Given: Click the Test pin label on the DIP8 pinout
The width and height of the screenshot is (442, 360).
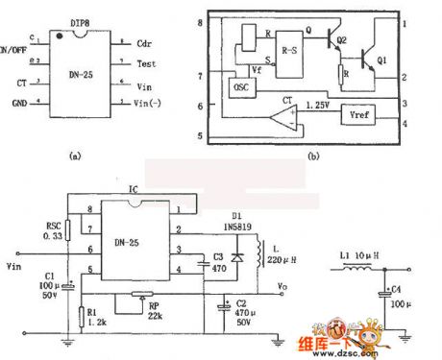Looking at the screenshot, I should [144, 64].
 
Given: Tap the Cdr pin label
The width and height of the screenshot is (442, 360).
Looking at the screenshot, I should [143, 44].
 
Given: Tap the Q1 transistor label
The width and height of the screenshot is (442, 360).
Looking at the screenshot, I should [381, 60].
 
